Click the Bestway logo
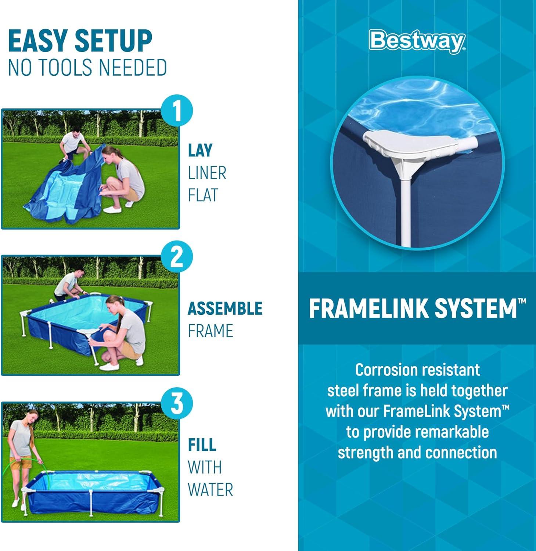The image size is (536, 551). pos(418,42)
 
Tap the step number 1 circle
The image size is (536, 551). pos(177,111)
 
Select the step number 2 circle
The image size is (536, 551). pos(177,257)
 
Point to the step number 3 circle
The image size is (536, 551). pos(177,403)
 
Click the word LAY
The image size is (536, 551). pos(200,151)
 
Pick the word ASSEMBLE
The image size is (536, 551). pos(225,309)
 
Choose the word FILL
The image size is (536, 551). pos(202,445)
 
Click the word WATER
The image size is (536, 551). pos(211,490)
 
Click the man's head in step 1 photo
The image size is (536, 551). pos(76,132)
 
